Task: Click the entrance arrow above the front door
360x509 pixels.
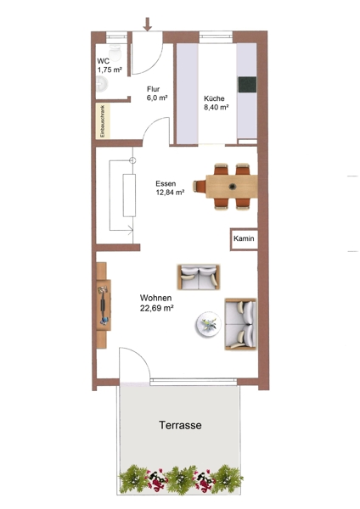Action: pos(148,25)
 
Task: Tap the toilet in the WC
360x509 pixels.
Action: pos(115,52)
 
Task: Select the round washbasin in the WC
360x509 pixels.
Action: pos(101,84)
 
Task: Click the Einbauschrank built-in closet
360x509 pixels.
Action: pos(103,121)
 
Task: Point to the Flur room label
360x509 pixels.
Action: pos(154,89)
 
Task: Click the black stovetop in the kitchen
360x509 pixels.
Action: pos(247,85)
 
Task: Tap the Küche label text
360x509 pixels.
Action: pos(214,98)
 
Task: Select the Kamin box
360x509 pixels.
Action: pos(244,239)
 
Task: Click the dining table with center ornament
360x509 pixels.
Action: pos(232,187)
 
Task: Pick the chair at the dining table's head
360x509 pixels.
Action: pos(200,187)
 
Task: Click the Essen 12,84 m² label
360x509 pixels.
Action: pos(171,188)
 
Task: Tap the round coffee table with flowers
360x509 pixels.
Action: pos(208,324)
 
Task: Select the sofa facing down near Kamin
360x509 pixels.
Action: pos(199,277)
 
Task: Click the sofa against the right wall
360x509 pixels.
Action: pos(241,324)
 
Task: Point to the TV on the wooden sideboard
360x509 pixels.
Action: pos(104,305)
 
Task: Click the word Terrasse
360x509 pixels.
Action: pos(180,425)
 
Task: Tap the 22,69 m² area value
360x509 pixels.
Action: pos(156,308)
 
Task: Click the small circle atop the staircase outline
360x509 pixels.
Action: pos(133,160)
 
